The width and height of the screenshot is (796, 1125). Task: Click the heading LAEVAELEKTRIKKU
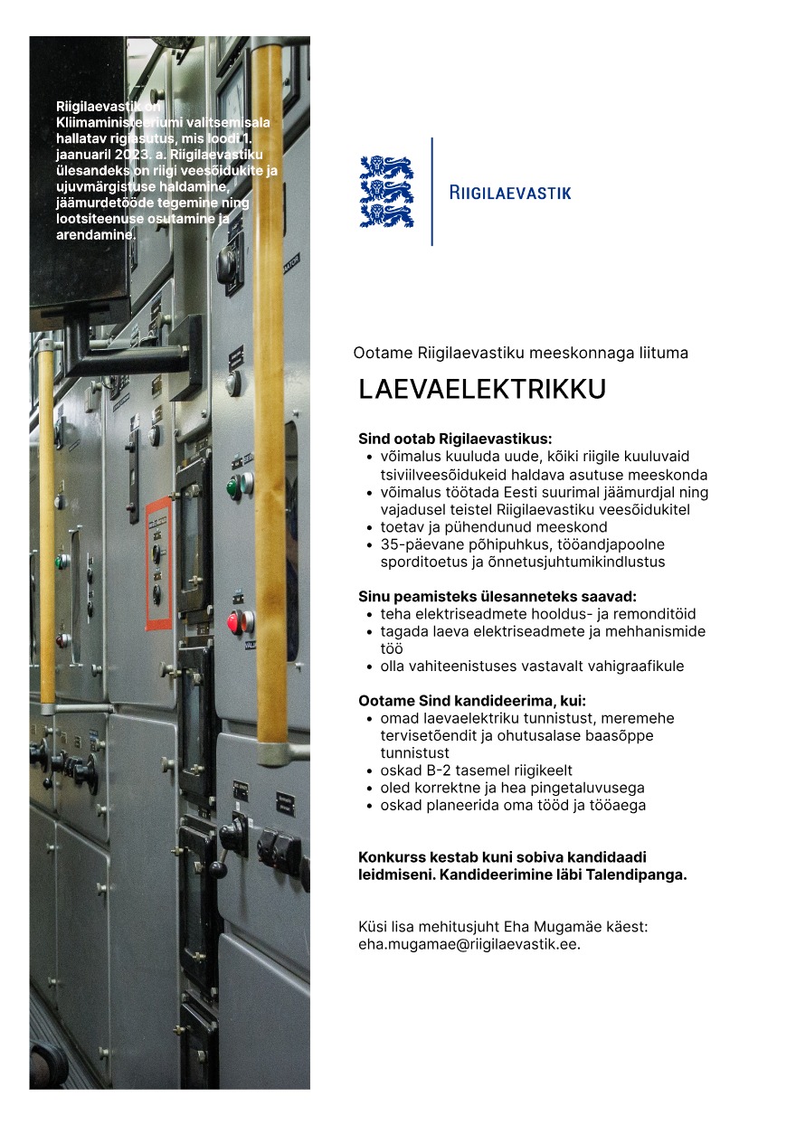pyautogui.click(x=481, y=389)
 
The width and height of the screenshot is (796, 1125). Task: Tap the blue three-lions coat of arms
pyautogui.click(x=386, y=191)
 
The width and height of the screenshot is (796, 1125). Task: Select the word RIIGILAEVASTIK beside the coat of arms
pyautogui.click(x=510, y=192)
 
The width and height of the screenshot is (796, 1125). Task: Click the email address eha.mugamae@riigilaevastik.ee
pyautogui.click(x=468, y=943)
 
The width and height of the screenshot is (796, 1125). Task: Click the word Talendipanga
pyautogui.click(x=641, y=874)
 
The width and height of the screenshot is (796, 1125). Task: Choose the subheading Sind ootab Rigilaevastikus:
pyautogui.click(x=454, y=439)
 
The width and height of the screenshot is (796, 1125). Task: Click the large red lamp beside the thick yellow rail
pyautogui.click(x=235, y=622)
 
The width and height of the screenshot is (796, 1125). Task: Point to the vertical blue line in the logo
pyautogui.click(x=431, y=191)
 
